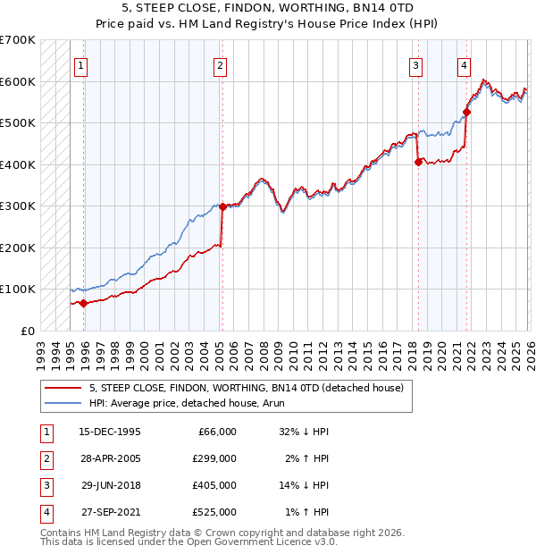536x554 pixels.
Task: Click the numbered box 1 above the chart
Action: [x=81, y=64]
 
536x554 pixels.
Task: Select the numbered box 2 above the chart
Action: [x=220, y=64]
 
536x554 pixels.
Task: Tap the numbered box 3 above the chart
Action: [x=416, y=64]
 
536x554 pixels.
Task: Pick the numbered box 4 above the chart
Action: [x=465, y=64]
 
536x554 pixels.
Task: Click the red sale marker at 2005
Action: [x=222, y=206]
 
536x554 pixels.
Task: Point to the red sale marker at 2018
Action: [x=417, y=163]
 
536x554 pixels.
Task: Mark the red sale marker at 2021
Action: [x=466, y=113]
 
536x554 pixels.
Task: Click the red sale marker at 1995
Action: [x=84, y=303]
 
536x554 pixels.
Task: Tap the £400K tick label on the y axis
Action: [x=18, y=164]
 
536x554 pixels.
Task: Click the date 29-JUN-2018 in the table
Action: [x=110, y=486]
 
